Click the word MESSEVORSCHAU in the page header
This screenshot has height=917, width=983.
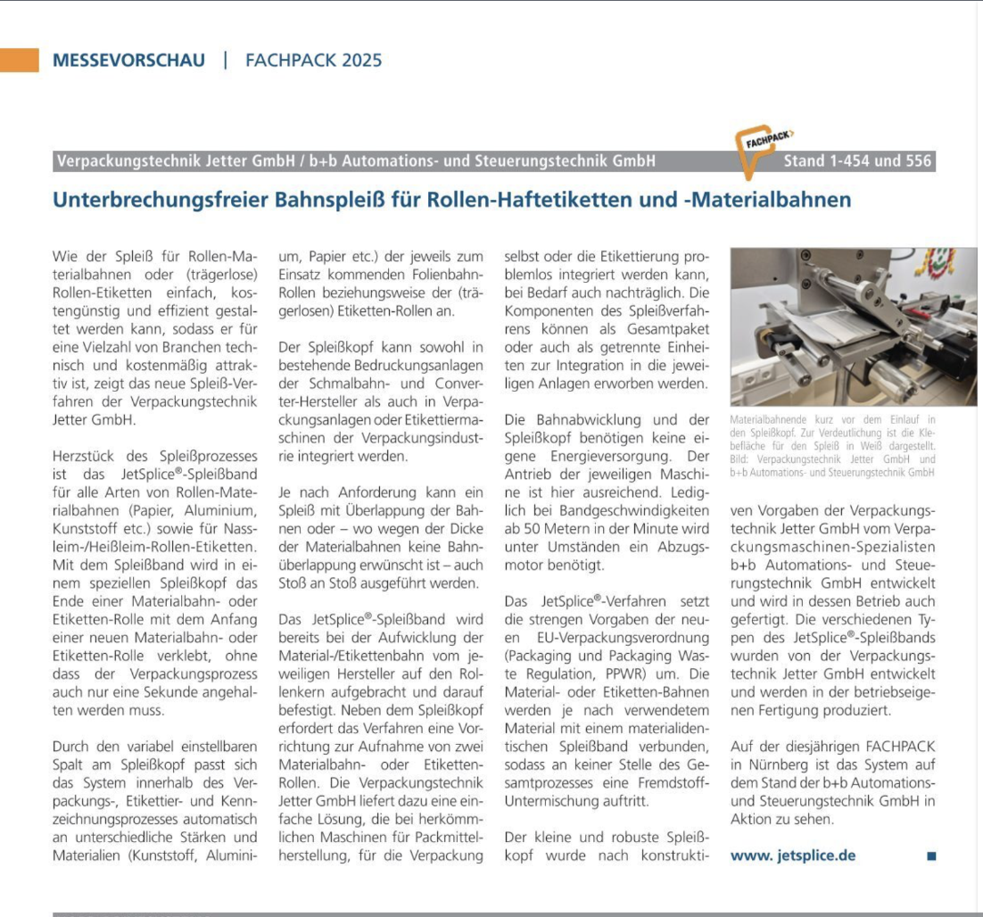pos(128,61)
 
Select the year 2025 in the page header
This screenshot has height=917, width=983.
pos(360,61)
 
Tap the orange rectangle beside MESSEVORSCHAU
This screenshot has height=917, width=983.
pos(20,60)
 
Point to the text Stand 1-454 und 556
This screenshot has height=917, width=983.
pos(857,161)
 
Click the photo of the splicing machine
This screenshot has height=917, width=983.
pos(853,326)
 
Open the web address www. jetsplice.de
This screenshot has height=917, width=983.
pos(793,855)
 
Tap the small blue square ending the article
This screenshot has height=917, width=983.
pos(931,855)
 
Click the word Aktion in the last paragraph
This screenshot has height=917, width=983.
pos(751,819)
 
